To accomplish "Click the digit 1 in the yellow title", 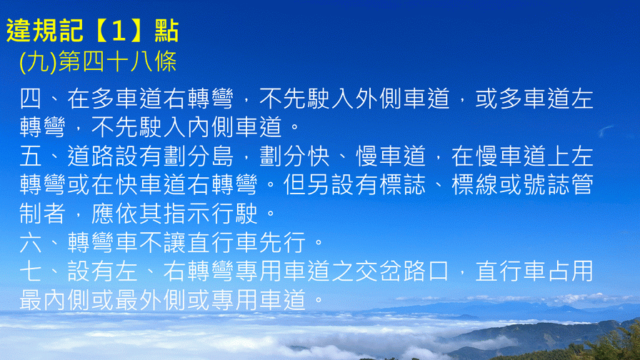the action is click(x=119, y=31).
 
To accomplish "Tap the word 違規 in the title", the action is click(x=32, y=31).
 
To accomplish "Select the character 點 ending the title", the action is click(x=166, y=31).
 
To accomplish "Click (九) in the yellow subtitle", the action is click(x=38, y=62).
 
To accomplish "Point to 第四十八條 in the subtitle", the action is click(x=118, y=62).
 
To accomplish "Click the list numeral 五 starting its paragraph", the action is click(x=31, y=156).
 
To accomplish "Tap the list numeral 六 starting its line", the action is click(x=31, y=242).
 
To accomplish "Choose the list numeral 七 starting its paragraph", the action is click(x=31, y=271).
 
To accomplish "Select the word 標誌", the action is click(x=402, y=185).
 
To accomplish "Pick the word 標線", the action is click(x=475, y=185).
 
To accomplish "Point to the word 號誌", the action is click(x=546, y=185).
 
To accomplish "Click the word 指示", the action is click(x=186, y=214).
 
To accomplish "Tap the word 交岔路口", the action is click(x=402, y=271).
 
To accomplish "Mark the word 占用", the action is click(x=570, y=271).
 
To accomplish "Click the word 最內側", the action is click(x=55, y=300).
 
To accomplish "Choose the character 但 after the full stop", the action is click(x=294, y=185).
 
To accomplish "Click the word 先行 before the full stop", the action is click(x=282, y=242).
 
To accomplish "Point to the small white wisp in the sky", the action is click(x=606, y=131).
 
